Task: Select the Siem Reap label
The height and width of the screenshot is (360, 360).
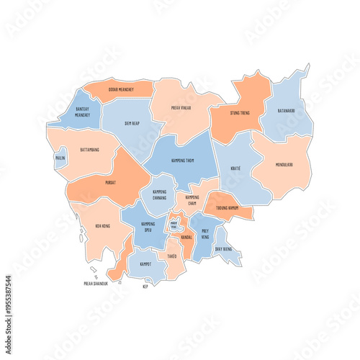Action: [132, 122]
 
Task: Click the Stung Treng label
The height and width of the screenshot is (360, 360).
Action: [240, 112]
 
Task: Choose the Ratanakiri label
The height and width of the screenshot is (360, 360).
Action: [287, 111]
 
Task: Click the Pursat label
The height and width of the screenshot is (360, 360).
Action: [110, 183]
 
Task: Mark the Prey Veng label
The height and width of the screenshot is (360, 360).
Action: [205, 233]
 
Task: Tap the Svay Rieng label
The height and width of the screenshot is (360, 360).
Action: [224, 249]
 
